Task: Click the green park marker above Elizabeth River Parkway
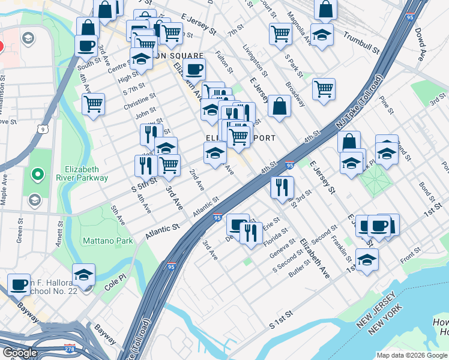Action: click(x=37, y=175)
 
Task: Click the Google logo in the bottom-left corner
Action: click(x=20, y=353)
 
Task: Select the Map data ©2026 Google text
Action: click(x=412, y=355)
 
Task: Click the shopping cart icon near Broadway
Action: click(x=324, y=88)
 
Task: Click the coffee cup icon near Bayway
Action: click(x=19, y=283)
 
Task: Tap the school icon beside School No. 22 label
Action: click(x=84, y=274)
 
